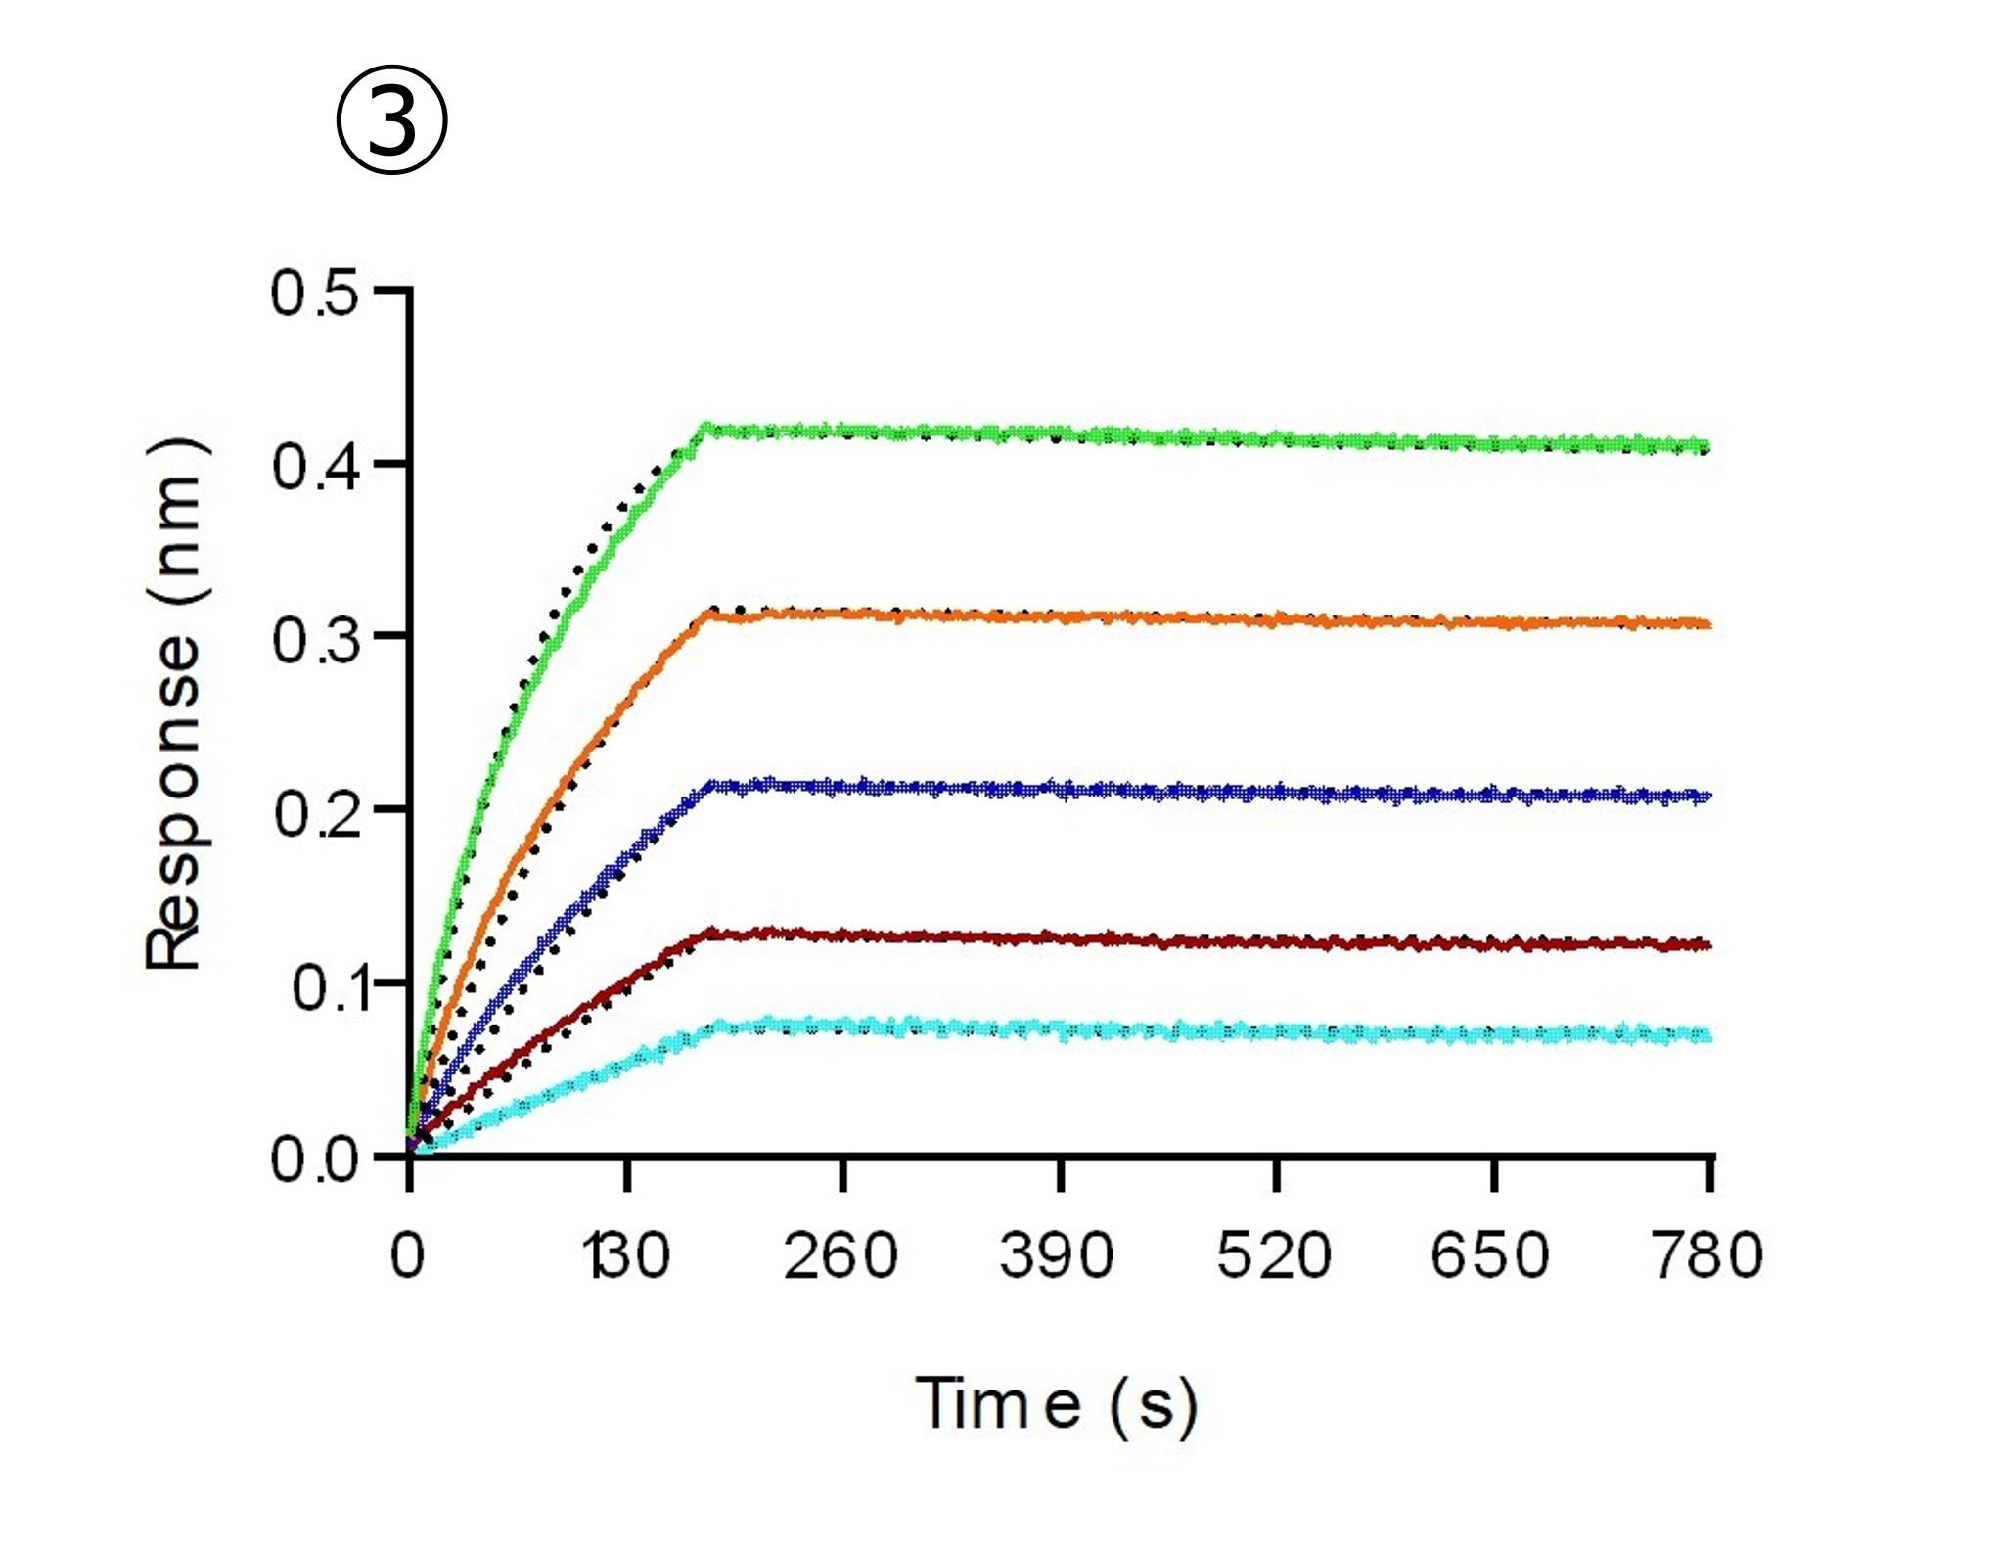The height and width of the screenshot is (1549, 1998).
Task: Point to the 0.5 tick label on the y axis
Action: point(315,293)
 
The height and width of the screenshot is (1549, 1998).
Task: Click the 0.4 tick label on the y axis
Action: point(315,465)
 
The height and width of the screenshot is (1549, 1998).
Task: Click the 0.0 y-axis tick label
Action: point(315,1161)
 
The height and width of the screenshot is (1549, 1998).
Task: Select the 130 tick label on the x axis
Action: point(627,1254)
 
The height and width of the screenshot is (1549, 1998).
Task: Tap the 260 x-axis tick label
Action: point(840,1254)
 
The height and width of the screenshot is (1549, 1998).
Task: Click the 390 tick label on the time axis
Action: point(1057,1254)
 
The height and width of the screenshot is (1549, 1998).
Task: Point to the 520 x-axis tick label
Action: point(1274,1254)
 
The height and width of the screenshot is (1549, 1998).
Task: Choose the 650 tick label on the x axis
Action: point(1490,1254)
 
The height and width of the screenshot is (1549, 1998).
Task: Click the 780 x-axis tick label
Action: point(1707,1254)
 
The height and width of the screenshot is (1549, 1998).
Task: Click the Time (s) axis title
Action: point(1057,1405)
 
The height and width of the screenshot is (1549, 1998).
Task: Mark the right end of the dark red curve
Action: point(1708,944)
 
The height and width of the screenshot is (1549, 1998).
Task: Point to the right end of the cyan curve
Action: point(1708,1035)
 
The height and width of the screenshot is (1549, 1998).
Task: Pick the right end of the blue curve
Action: point(1708,796)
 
